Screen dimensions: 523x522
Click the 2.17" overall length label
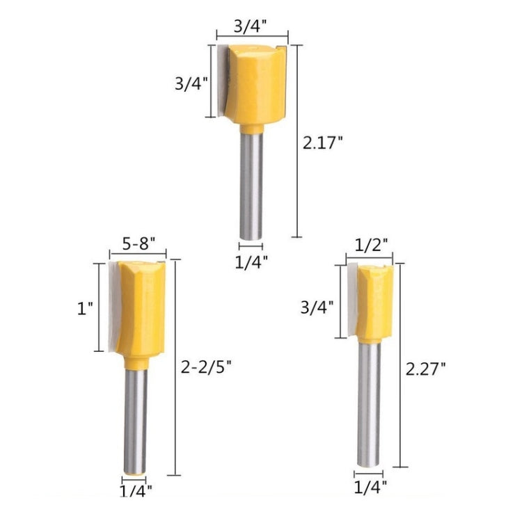coord(322,143)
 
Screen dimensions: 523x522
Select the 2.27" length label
coord(425,369)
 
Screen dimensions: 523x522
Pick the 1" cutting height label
coord(86,307)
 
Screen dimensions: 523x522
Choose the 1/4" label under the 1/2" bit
coord(370,486)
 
